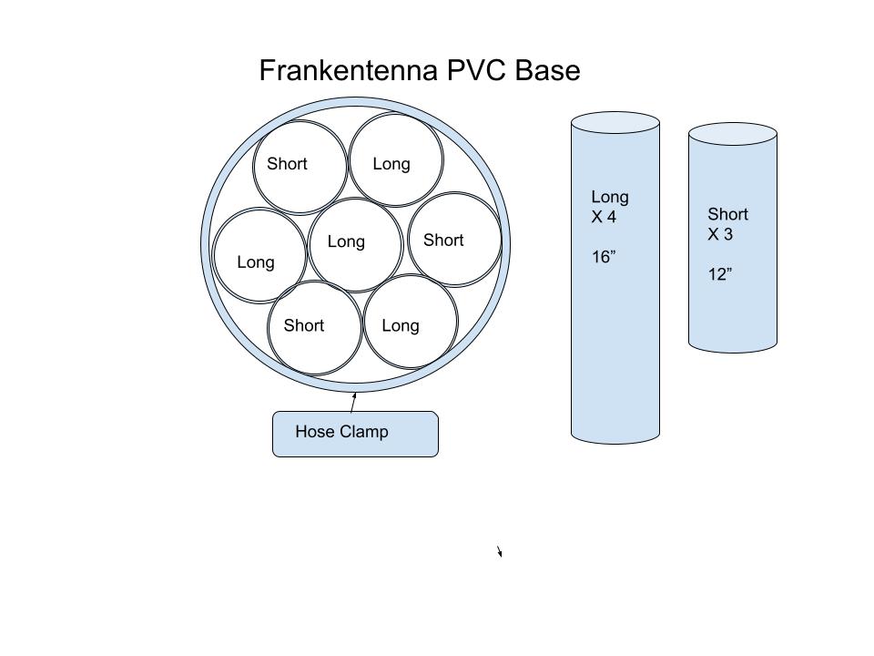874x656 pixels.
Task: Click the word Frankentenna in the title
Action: click(x=349, y=71)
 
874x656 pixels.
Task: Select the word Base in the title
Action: click(x=547, y=71)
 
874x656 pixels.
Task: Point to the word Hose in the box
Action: click(x=313, y=432)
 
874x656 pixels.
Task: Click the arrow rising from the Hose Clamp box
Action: click(x=353, y=402)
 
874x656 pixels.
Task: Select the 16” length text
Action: click(x=604, y=257)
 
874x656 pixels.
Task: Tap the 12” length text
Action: click(x=720, y=274)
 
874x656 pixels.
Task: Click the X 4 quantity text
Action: click(x=605, y=217)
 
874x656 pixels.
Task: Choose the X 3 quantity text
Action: click(x=720, y=234)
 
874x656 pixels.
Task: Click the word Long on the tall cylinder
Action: click(x=610, y=197)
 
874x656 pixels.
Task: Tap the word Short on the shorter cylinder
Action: click(x=727, y=214)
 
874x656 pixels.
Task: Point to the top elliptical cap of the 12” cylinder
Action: click(x=732, y=133)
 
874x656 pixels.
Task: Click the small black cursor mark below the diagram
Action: click(x=500, y=551)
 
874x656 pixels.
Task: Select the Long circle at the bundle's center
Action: click(x=355, y=260)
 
